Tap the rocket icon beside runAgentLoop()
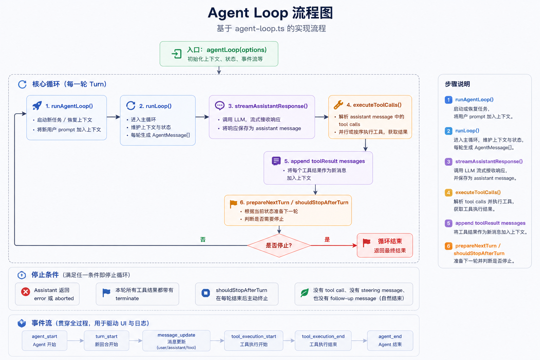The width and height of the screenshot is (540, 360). pyautogui.click(x=37, y=105)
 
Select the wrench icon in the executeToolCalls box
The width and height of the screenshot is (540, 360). pyautogui.click(x=338, y=105)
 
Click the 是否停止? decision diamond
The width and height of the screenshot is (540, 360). pyautogui.click(x=279, y=245)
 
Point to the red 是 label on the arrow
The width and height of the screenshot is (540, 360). pyautogui.click(x=327, y=239)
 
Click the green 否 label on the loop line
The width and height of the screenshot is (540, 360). pyautogui.click(x=203, y=239)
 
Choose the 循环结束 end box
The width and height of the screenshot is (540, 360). pyautogui.click(x=385, y=245)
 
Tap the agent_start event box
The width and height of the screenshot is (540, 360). pyautogui.click(x=44, y=340)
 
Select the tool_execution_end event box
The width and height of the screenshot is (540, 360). pyautogui.click(x=323, y=340)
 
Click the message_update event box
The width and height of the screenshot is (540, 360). pyautogui.click(x=176, y=340)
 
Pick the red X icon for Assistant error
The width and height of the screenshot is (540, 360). pyautogui.click(x=26, y=292)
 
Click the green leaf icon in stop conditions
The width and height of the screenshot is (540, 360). pyautogui.click(x=304, y=292)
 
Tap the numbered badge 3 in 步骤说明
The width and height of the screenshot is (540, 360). pyautogui.click(x=448, y=162)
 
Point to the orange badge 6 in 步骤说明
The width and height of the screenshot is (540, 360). pyautogui.click(x=448, y=246)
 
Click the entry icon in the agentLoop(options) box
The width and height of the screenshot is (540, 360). pyautogui.click(x=176, y=54)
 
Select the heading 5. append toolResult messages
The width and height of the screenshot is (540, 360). pyautogui.click(x=324, y=161)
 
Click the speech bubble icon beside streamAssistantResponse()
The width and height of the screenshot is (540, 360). pyautogui.click(x=220, y=105)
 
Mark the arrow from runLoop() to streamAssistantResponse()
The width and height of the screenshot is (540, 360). pyautogui.click(x=202, y=117)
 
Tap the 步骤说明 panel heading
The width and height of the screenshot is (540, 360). pyautogui.click(x=457, y=84)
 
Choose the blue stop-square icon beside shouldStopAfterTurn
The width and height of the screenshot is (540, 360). pyautogui.click(x=206, y=293)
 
